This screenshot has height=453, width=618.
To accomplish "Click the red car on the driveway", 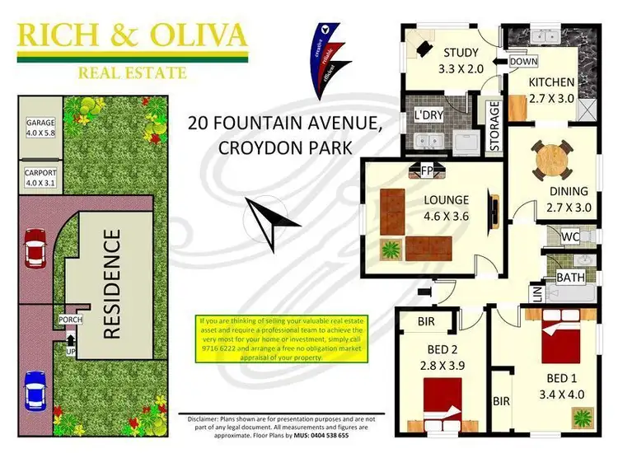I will [36, 247].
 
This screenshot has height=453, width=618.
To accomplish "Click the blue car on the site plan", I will [36, 390].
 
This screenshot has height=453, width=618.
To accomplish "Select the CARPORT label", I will [39, 174].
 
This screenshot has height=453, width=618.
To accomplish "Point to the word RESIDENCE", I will [112, 285].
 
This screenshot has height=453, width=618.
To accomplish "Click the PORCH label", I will [67, 319].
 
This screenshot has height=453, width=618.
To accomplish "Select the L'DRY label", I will [429, 115].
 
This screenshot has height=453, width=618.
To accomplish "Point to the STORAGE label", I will [494, 126].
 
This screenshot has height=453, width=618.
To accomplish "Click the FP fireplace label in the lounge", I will [427, 170].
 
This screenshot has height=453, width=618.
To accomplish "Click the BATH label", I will [570, 278].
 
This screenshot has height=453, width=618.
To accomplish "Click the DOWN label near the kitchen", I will [522, 62].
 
